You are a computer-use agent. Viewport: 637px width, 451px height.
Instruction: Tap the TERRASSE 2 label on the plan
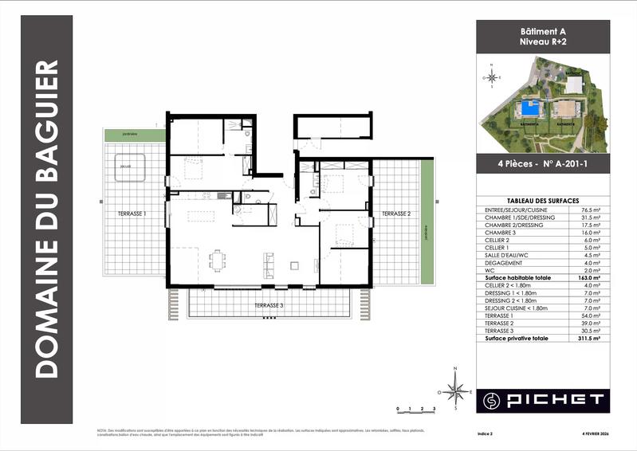tap(395, 214)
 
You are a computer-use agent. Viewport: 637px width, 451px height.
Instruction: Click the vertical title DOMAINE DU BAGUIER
tap(49, 218)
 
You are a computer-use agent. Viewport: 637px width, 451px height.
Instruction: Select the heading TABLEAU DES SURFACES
tap(543, 201)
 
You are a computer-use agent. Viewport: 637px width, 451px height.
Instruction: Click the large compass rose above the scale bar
tap(456, 390)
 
